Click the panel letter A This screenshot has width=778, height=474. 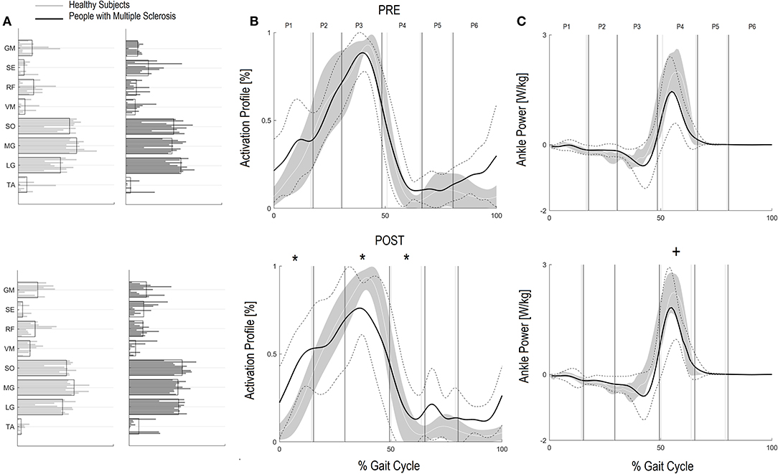click(x=6, y=23)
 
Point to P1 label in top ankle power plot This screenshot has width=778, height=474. click(x=567, y=26)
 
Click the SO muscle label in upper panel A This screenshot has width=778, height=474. click(x=9, y=126)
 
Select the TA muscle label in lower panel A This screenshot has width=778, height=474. click(x=9, y=427)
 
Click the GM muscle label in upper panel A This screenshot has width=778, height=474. click(x=9, y=49)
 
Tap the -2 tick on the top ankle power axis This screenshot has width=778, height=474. click(x=541, y=209)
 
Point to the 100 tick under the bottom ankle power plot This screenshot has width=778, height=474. click(x=770, y=450)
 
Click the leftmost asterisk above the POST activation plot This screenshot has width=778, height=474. click(x=294, y=259)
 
